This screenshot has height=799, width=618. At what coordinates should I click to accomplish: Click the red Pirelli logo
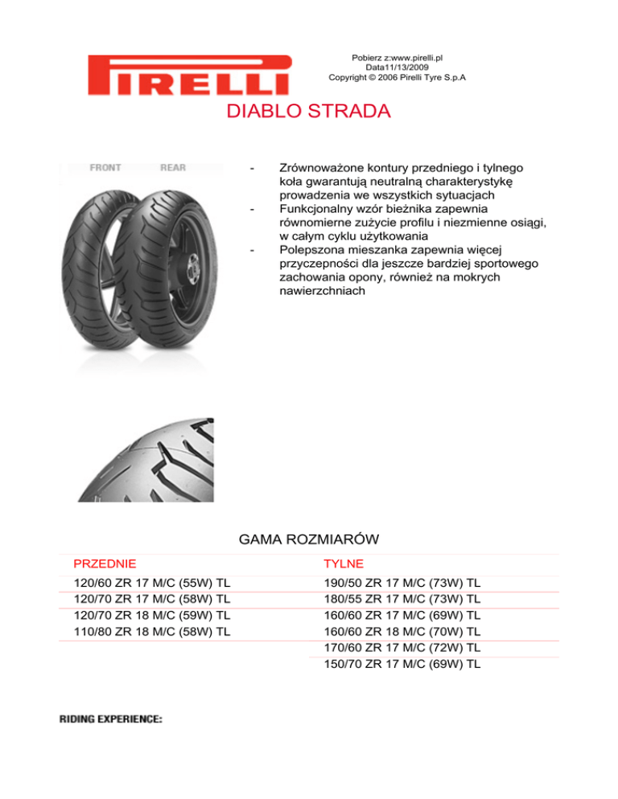(190, 74)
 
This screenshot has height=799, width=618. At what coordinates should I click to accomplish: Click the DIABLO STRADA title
(309, 111)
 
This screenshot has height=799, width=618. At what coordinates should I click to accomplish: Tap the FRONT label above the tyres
(105, 168)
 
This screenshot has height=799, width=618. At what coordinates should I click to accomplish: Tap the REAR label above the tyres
(173, 168)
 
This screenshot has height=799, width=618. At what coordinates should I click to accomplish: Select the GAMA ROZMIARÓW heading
(309, 539)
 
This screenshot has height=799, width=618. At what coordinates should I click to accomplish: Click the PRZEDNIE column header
(105, 564)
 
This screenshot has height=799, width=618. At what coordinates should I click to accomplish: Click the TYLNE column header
(344, 564)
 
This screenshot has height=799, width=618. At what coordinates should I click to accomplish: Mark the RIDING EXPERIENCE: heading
(111, 719)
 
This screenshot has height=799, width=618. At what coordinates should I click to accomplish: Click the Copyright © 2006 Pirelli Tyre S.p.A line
(398, 78)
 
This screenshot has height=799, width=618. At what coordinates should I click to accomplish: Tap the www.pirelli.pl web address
(417, 58)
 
